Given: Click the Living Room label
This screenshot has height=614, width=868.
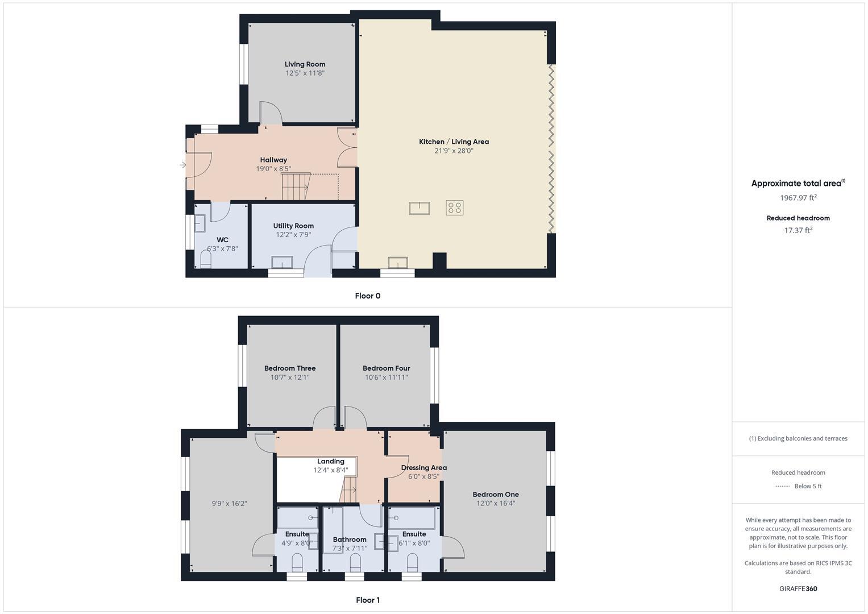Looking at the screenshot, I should pos(305,64).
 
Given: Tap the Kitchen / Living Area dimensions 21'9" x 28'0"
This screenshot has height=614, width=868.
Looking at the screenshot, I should pos(454,151).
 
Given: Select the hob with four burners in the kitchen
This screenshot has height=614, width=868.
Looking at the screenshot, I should pos(454,208).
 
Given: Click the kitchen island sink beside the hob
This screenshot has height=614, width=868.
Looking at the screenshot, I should pos(419,208).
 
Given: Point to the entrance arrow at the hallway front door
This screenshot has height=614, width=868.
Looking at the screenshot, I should pos(182,165).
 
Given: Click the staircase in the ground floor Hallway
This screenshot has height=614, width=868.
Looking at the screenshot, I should pos(296,186).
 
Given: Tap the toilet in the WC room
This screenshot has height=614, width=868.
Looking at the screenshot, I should pos(206,260).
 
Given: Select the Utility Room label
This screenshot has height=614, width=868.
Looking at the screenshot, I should pos(293,226).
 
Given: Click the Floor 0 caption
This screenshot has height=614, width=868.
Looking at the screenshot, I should pos(367,296).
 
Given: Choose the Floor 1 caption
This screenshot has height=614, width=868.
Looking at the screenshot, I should pos(367,600).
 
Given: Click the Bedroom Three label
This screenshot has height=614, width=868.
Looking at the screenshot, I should pos(290,368).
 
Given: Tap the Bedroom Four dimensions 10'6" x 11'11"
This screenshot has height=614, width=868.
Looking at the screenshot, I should pos(386,377).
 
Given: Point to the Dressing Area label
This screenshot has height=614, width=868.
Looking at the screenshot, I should pos(423,468).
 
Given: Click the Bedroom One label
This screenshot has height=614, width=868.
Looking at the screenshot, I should pos(495,495).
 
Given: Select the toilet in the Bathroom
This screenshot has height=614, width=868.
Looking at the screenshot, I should pos(355,563).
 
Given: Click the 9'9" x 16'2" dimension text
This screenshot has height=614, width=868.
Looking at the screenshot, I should pos(229,503).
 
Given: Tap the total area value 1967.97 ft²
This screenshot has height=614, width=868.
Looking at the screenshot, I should pos(798,198).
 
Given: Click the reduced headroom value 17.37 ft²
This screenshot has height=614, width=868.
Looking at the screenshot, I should pos(798,230).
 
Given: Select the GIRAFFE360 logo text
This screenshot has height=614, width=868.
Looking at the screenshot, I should pos(798,588).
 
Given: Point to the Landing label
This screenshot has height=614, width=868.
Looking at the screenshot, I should pos(330,462).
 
